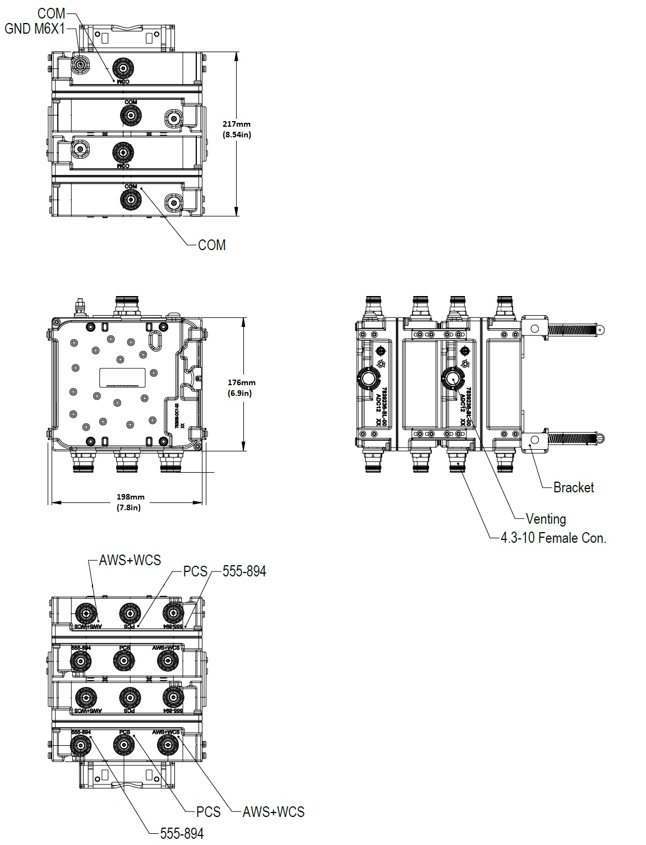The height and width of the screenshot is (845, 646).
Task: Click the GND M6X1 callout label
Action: coord(34,29)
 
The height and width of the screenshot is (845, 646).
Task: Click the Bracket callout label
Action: coord(573,487)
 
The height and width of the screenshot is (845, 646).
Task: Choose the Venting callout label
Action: coord(545,519)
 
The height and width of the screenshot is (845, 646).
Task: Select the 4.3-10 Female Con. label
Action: coord(553,538)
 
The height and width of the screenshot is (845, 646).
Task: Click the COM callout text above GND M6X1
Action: coord(51,13)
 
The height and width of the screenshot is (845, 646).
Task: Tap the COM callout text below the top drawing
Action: coord(211,245)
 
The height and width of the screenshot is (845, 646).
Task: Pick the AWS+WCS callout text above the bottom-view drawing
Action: coord(130,560)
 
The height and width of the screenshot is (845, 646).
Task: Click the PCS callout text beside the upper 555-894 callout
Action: coord(195,572)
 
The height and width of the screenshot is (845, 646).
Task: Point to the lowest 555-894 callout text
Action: coord(182,833)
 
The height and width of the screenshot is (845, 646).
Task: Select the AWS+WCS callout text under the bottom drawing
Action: coord(273,811)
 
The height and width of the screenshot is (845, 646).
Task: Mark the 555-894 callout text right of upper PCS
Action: coord(244,571)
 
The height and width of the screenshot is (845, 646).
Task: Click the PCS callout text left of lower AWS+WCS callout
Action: coord(208,811)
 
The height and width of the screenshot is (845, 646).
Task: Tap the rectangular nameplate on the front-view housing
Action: coord(123,377)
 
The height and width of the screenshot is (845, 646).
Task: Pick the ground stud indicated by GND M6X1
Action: coord(81,66)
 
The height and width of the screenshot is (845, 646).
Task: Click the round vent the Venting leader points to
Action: coord(452,379)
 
